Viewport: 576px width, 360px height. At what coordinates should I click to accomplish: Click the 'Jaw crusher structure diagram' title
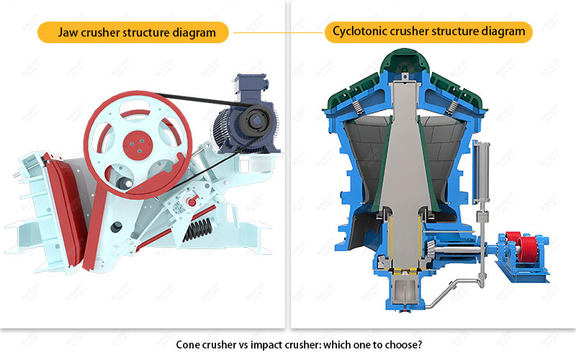point(133,32)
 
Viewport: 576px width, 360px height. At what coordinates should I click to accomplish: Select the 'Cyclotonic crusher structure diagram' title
point(429,32)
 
